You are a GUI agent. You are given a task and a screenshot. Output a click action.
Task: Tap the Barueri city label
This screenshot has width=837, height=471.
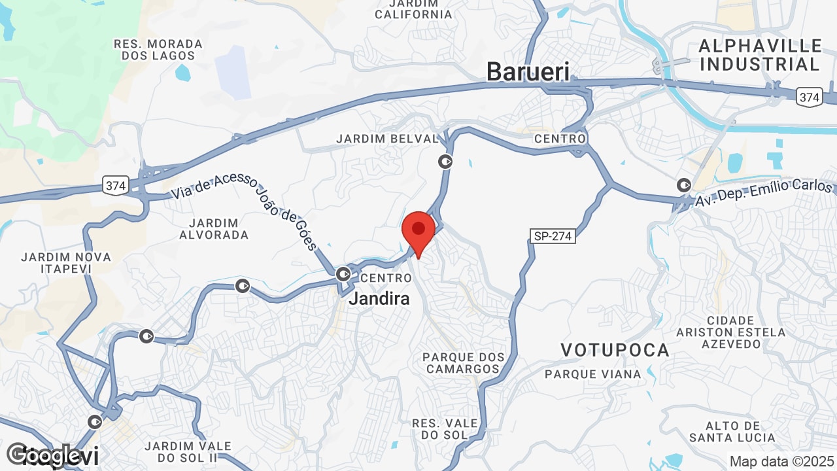528,72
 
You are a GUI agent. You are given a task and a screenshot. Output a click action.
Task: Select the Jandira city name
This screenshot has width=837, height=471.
379,299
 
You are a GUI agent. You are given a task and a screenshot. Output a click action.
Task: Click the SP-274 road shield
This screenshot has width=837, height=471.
553,236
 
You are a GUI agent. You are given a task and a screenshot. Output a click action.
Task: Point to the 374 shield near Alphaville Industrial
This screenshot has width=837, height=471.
809,97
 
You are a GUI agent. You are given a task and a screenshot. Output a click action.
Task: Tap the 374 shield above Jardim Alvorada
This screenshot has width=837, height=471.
115,186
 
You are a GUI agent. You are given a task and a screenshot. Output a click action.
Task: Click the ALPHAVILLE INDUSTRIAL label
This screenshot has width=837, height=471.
760,55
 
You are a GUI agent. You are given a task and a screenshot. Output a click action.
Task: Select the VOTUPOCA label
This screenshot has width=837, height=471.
615,351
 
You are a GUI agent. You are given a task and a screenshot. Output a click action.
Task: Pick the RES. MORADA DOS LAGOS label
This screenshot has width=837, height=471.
158,50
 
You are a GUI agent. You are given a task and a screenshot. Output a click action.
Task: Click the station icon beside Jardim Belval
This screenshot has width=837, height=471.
445,161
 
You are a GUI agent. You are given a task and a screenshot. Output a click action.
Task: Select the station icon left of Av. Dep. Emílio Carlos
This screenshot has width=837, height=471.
684,185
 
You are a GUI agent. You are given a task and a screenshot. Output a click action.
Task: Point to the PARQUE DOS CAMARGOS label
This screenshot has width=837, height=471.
464,363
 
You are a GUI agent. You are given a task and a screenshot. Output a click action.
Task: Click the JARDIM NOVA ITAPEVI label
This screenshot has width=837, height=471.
65,262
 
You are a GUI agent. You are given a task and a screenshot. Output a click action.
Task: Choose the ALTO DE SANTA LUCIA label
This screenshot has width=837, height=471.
732,432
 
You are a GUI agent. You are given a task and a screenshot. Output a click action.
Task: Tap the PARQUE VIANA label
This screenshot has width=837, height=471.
593,374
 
